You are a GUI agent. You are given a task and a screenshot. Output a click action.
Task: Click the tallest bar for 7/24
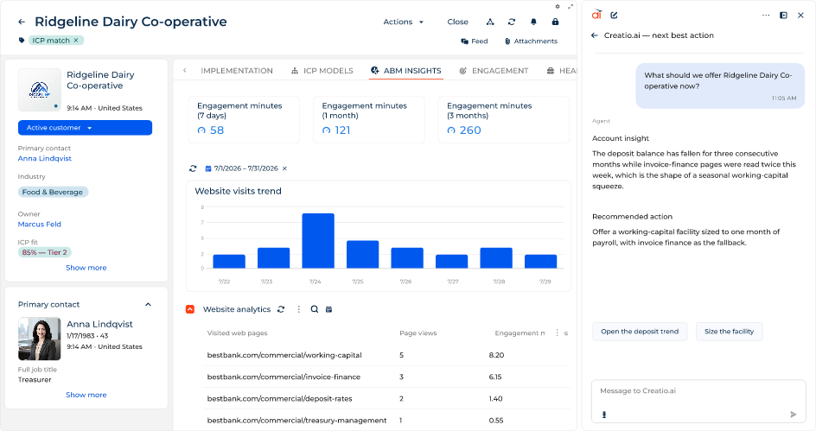[318, 241]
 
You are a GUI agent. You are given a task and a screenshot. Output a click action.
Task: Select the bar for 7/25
[363, 254]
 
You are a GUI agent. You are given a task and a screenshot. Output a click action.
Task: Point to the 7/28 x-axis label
[499, 282]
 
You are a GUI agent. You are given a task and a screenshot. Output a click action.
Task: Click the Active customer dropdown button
[85, 127]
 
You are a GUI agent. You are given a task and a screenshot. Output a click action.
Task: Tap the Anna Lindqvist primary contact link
[45, 159]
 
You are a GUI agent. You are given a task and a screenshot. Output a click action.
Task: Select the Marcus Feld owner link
[40, 224]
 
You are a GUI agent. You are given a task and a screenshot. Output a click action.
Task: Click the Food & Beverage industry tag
[53, 192]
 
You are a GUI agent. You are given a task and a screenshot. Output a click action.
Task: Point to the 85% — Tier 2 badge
[44, 252]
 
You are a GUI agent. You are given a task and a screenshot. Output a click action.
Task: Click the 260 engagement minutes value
[470, 130]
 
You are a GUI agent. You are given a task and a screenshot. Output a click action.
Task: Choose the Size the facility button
[729, 331]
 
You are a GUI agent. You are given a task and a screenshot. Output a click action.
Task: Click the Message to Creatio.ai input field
[698, 400]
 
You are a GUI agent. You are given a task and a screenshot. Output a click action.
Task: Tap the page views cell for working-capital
[402, 355]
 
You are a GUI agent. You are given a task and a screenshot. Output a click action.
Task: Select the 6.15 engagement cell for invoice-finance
[495, 377]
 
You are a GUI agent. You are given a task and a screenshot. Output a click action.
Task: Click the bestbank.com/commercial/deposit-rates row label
[279, 399]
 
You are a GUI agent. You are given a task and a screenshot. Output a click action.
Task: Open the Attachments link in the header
[531, 41]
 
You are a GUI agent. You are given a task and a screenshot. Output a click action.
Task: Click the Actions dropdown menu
[404, 22]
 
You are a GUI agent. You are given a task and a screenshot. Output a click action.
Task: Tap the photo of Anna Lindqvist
[40, 339]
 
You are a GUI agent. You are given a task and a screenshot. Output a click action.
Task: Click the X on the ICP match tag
[76, 40]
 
